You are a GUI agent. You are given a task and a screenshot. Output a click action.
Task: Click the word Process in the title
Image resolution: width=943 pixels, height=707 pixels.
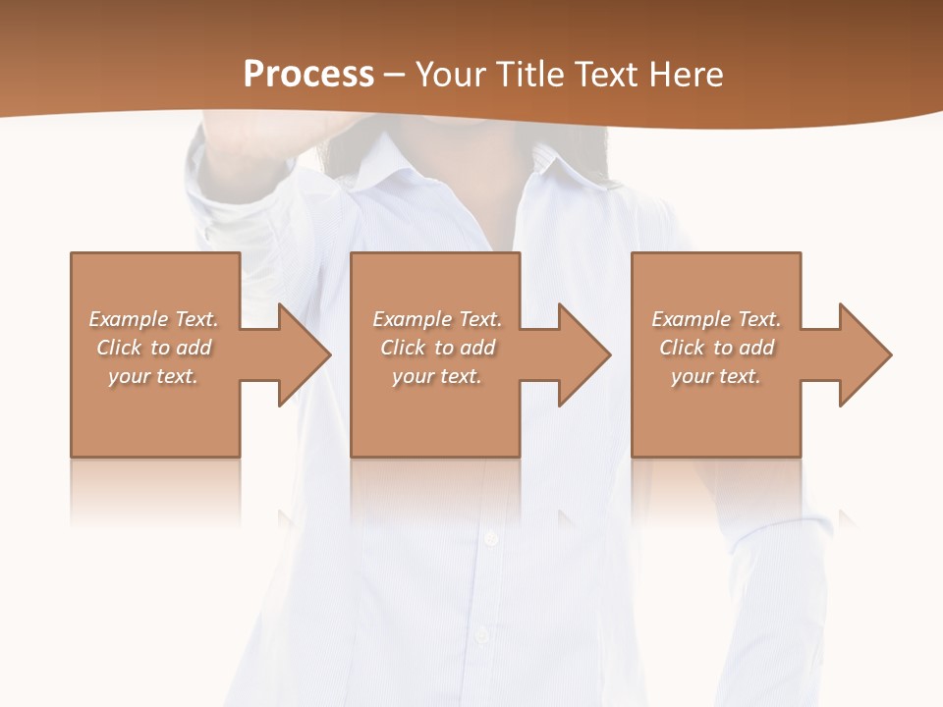click(308, 75)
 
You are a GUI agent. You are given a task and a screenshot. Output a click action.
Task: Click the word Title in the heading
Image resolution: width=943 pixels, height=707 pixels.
click(530, 75)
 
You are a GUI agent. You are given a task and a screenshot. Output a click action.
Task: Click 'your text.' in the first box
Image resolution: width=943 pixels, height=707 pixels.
click(153, 376)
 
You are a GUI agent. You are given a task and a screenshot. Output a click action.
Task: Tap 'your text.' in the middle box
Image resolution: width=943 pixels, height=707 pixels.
click(436, 376)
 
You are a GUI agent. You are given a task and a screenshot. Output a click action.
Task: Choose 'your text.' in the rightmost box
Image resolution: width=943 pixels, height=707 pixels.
click(716, 376)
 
